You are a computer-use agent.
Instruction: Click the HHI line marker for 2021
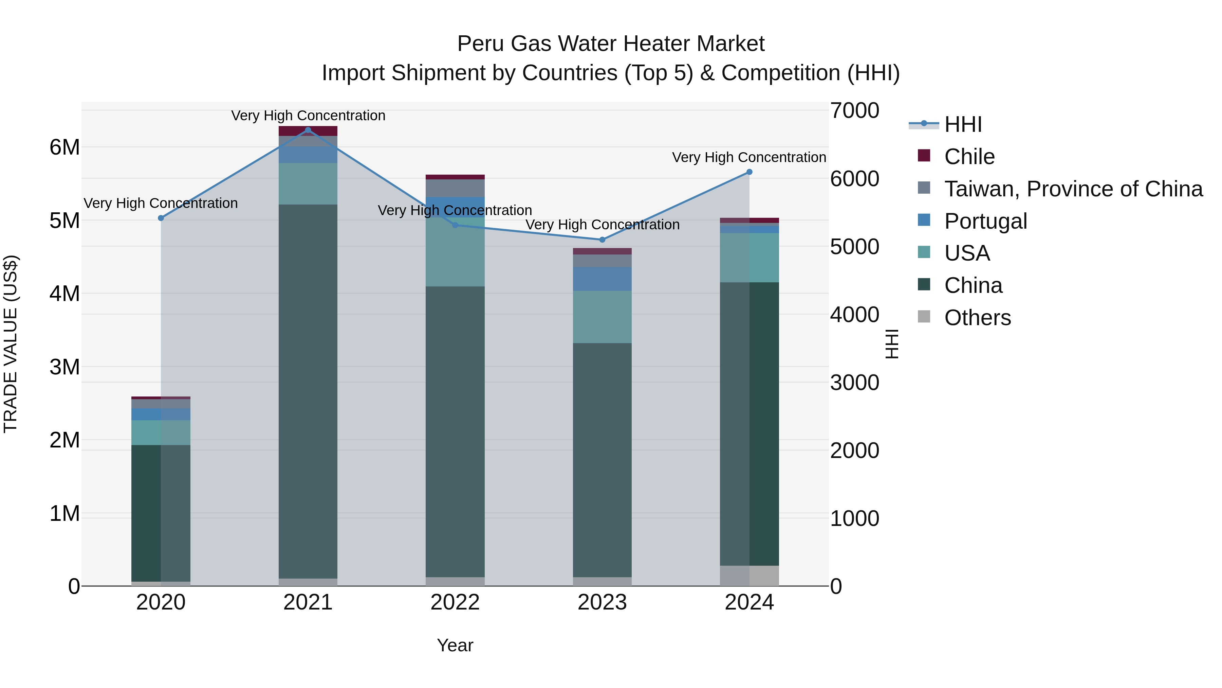point(308,130)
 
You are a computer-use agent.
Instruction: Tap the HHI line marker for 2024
point(749,172)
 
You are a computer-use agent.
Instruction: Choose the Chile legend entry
point(969,157)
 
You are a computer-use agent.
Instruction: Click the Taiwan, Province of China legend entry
point(1073,189)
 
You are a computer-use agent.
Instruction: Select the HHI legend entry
point(963,124)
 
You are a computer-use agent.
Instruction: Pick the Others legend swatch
point(924,317)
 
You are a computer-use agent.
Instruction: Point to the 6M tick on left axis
point(64,147)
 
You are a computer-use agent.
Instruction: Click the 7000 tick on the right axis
point(854,111)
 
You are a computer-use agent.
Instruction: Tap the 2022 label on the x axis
point(455,602)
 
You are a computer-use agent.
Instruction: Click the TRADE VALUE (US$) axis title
point(11,344)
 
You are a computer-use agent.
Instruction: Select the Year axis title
point(455,645)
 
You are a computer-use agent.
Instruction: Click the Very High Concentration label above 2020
point(161,203)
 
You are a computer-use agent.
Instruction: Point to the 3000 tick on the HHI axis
point(854,383)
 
